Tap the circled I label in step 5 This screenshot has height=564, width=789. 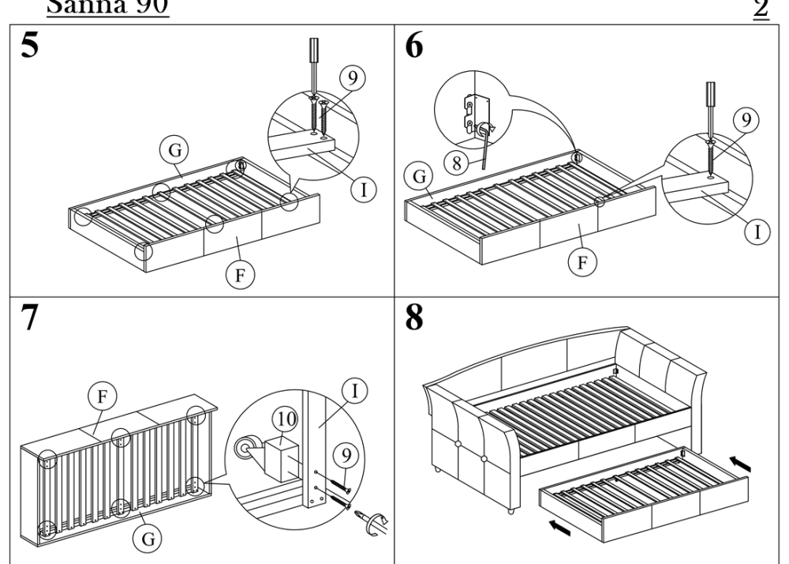[x=364, y=188]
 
